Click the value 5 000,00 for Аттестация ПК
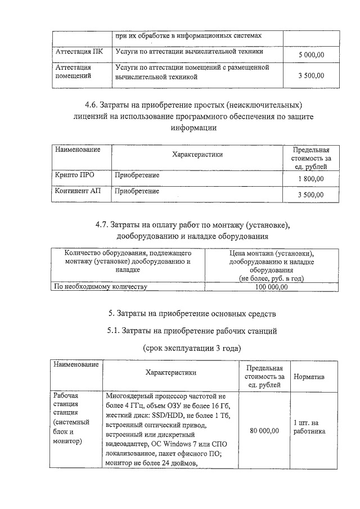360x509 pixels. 311,55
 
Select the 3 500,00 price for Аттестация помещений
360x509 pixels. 311,75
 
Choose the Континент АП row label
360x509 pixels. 78,191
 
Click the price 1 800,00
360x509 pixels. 311,179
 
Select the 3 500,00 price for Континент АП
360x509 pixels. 311,195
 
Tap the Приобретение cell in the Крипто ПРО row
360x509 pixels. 137,175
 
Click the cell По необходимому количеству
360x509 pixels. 100,287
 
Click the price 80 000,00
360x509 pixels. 263,431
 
